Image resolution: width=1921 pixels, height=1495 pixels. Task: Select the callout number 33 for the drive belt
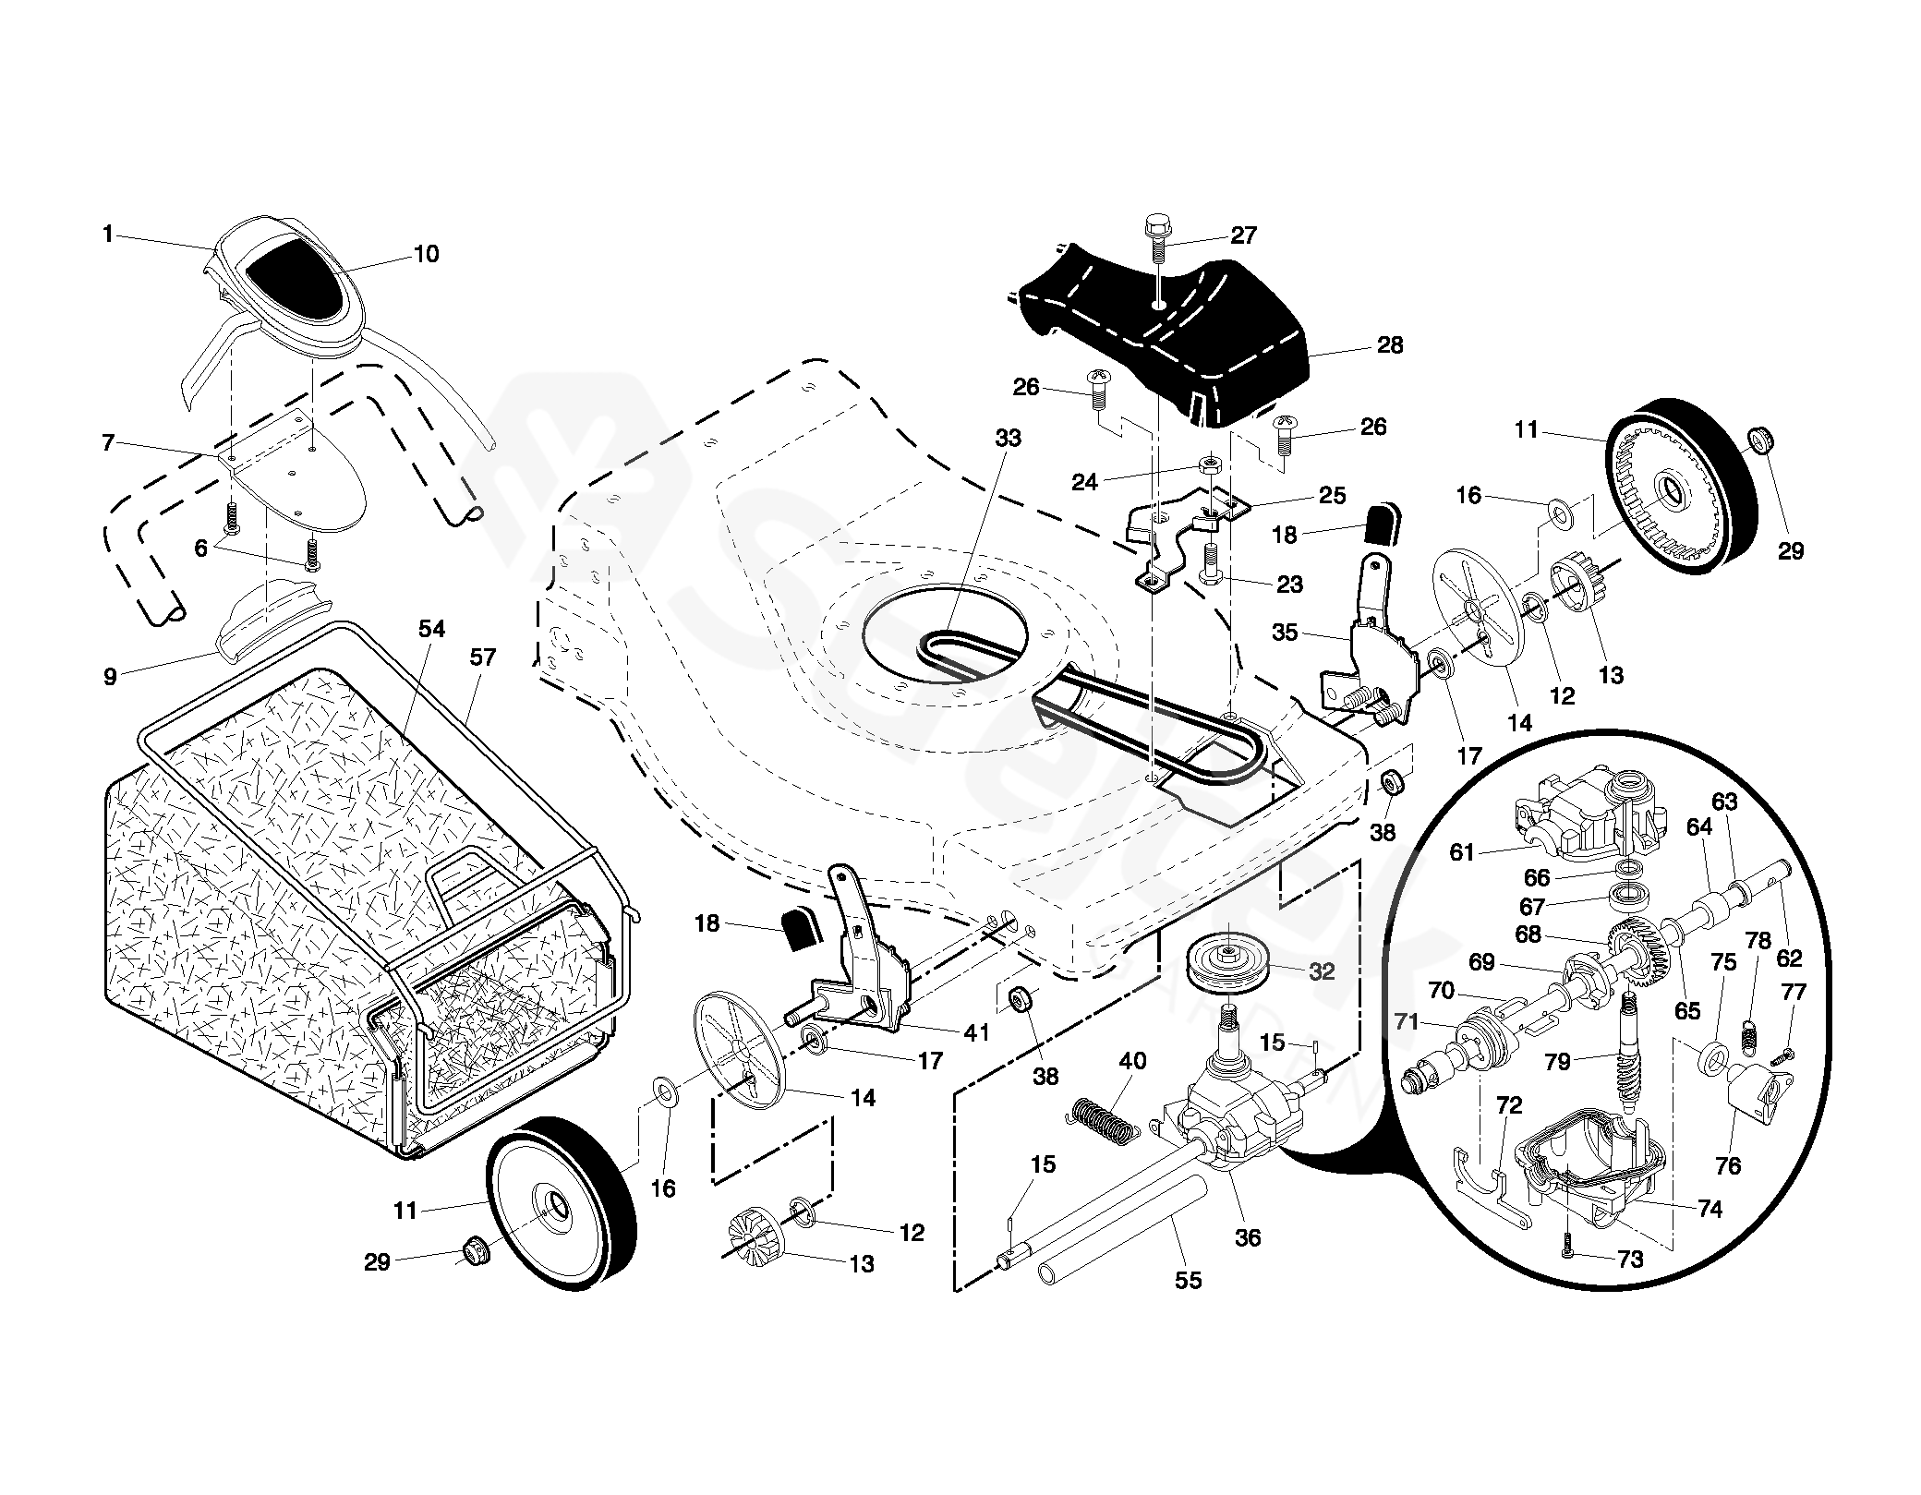point(1008,438)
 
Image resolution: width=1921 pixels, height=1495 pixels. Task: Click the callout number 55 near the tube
point(1188,1280)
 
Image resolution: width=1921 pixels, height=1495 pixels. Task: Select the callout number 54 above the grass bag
point(431,629)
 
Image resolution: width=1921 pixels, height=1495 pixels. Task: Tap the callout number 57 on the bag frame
point(482,657)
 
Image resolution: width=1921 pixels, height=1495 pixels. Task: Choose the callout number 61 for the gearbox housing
point(1461,851)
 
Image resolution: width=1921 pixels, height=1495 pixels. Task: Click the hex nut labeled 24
point(1208,464)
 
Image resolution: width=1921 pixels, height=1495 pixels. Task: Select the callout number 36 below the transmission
point(1247,1237)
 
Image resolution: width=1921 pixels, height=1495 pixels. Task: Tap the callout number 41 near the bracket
point(976,1031)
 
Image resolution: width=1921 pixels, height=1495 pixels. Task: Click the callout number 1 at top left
point(107,235)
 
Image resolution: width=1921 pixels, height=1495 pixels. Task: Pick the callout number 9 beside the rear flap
point(110,676)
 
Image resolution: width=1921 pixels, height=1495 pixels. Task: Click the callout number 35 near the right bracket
point(1285,633)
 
